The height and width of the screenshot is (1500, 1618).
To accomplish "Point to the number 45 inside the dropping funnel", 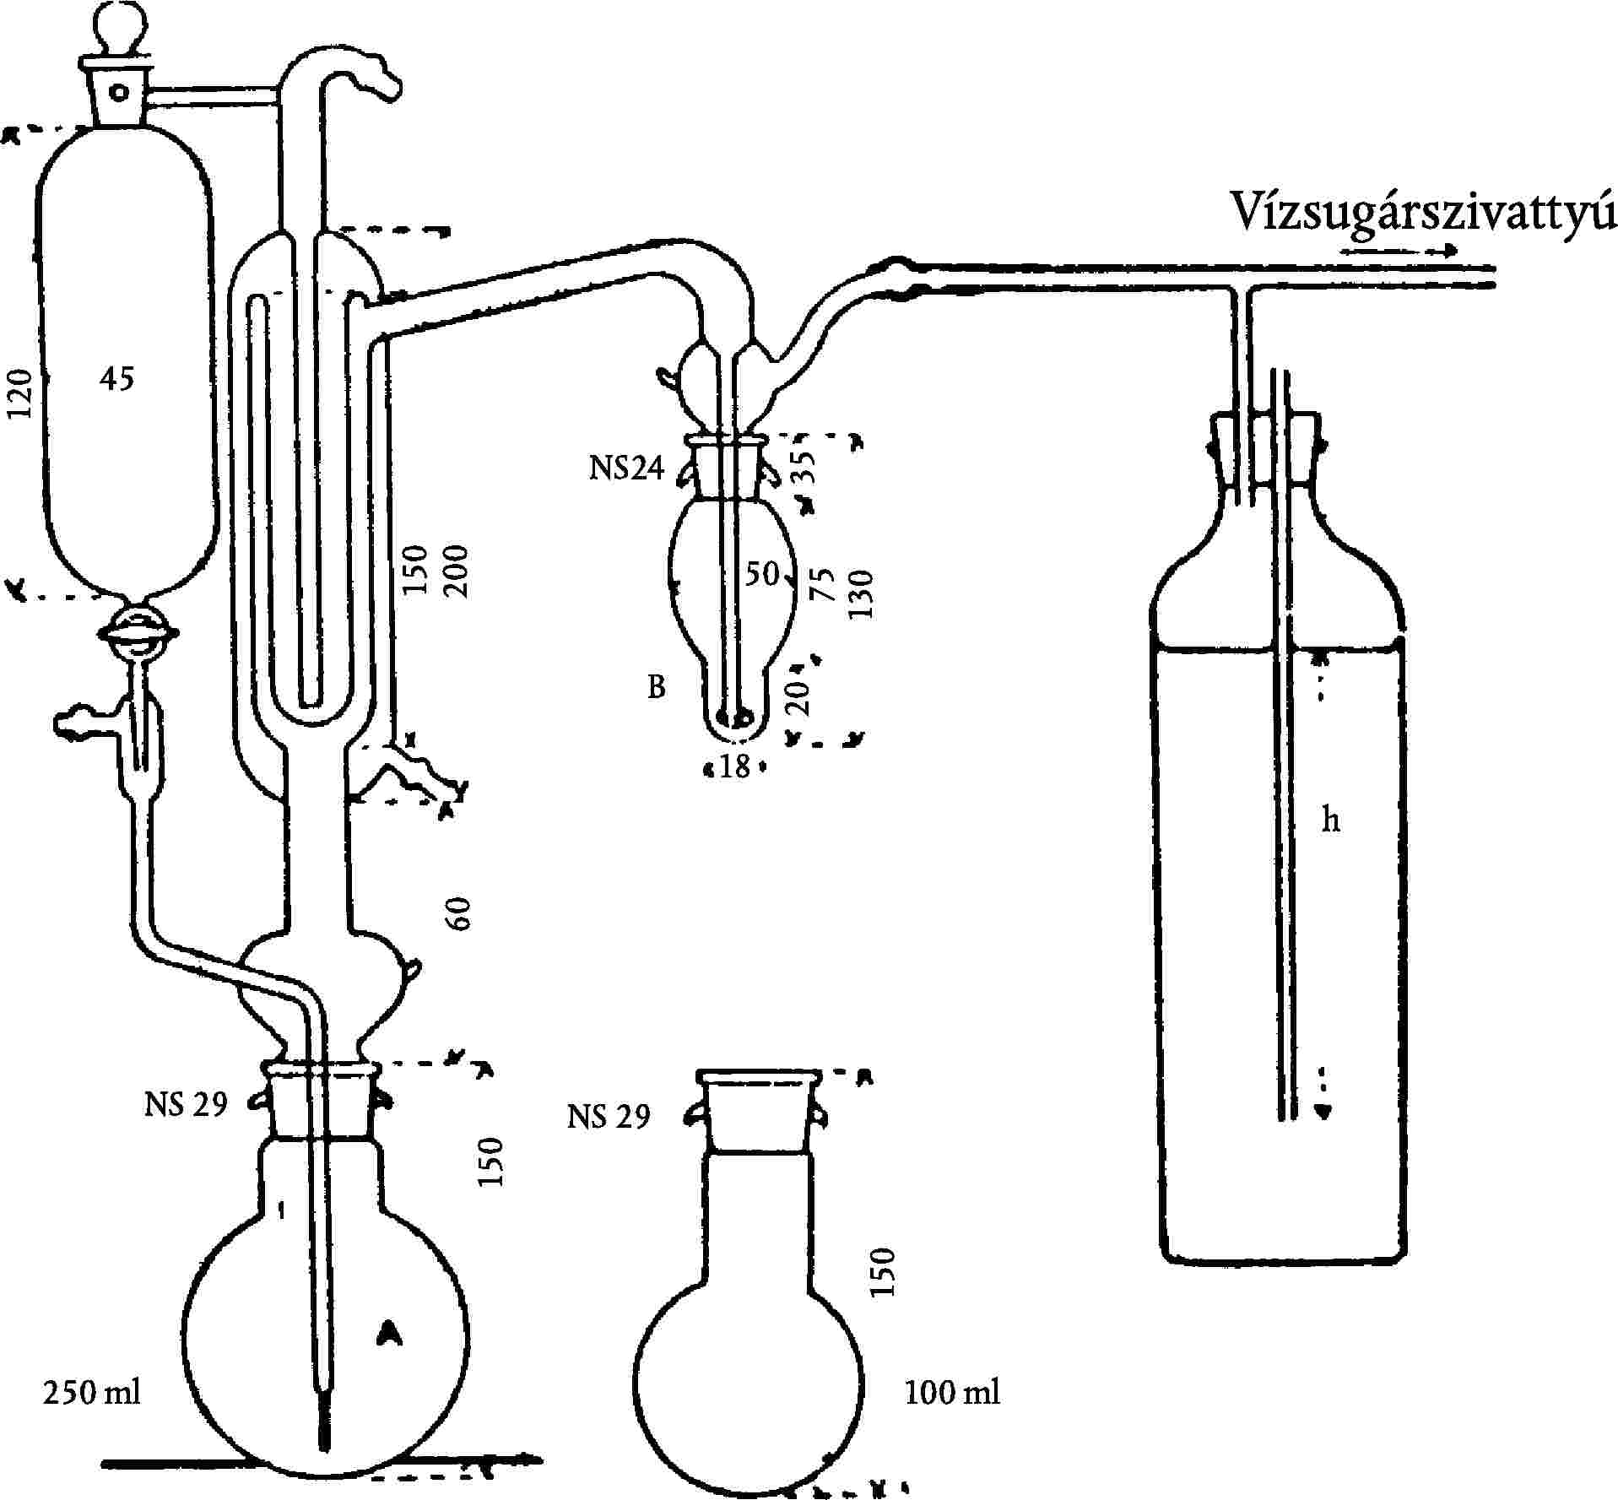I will [116, 379].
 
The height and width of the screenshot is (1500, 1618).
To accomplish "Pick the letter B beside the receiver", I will [657, 688].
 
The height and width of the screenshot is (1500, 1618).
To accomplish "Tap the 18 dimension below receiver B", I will [735, 767].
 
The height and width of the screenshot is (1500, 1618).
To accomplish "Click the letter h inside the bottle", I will [1330, 820].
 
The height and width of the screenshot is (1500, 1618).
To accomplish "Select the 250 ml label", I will [91, 1392].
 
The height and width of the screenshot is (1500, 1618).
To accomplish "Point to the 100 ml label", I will [952, 1392].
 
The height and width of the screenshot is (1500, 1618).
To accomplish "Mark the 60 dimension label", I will [460, 913].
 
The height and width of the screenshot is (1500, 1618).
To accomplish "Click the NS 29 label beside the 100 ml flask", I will [609, 1117].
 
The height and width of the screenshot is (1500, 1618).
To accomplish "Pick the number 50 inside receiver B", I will [760, 574].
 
